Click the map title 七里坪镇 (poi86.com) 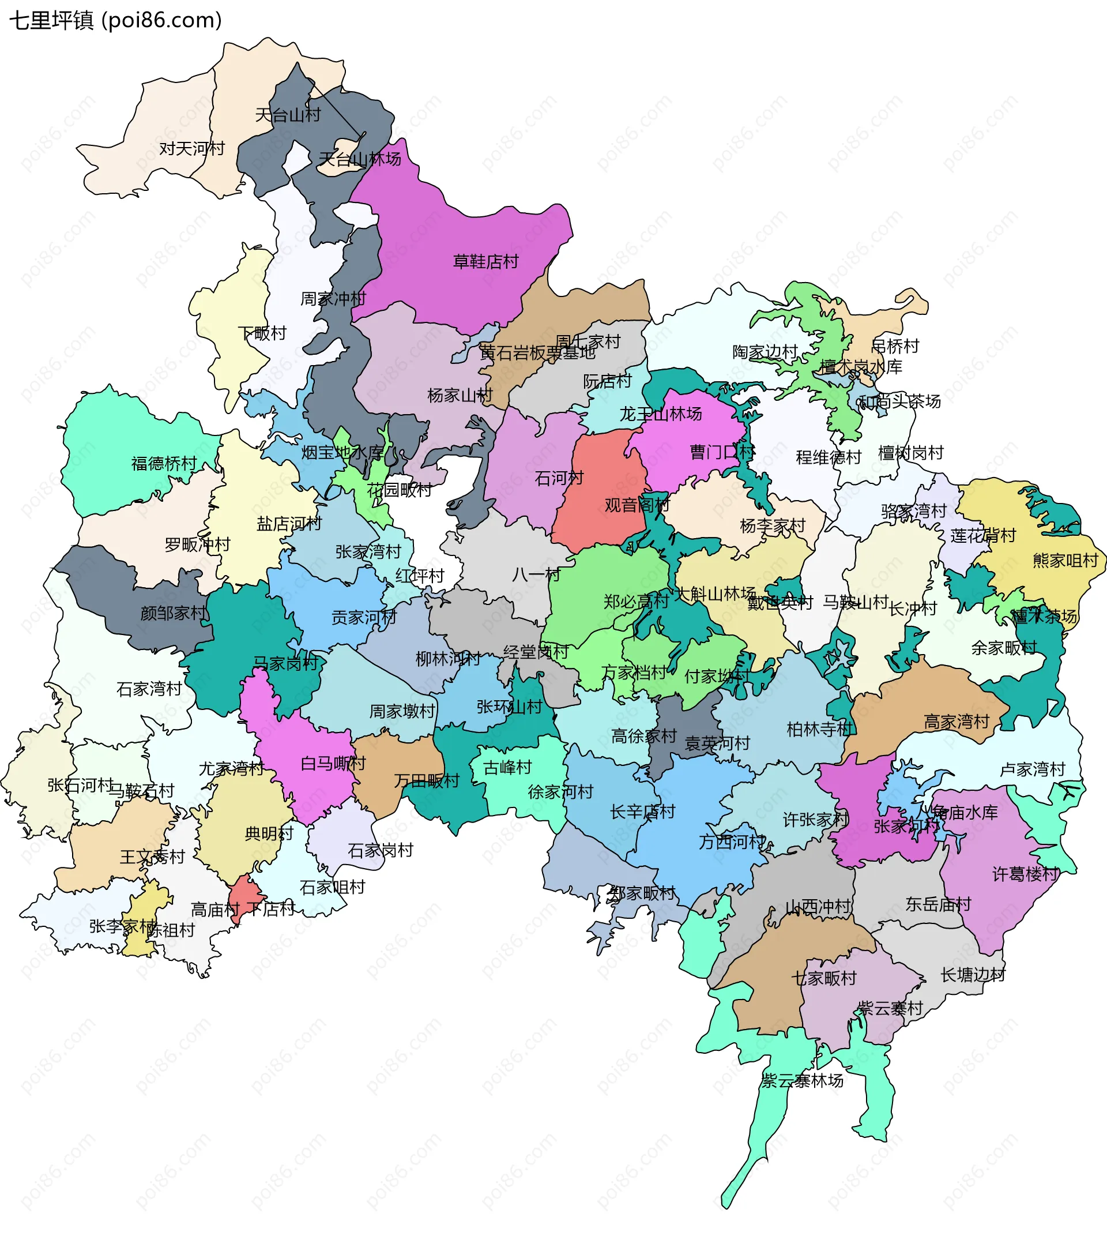[x=115, y=20]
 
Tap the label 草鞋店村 [x=485, y=262]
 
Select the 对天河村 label [x=191, y=148]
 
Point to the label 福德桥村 [x=164, y=464]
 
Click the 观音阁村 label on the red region [x=637, y=505]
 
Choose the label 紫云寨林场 [x=802, y=1080]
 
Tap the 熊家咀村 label [x=1065, y=560]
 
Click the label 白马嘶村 [x=333, y=763]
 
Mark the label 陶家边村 [x=765, y=352]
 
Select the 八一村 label [x=536, y=574]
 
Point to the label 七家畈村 [x=824, y=978]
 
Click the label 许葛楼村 [x=1025, y=874]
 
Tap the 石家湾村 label [x=149, y=689]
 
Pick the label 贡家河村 [x=363, y=617]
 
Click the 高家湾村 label [x=957, y=722]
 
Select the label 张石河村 [x=81, y=784]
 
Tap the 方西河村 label [x=732, y=842]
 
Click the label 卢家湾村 [x=1032, y=769]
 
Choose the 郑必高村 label [x=636, y=602]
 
